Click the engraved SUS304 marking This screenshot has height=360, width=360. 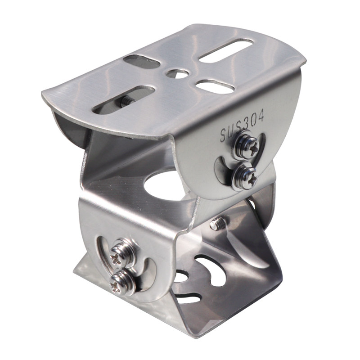(x=243, y=126)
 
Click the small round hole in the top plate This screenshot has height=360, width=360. (x=178, y=73)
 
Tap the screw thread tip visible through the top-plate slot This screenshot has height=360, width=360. (x=126, y=100)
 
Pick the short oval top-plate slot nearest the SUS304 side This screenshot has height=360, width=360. (x=215, y=86)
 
